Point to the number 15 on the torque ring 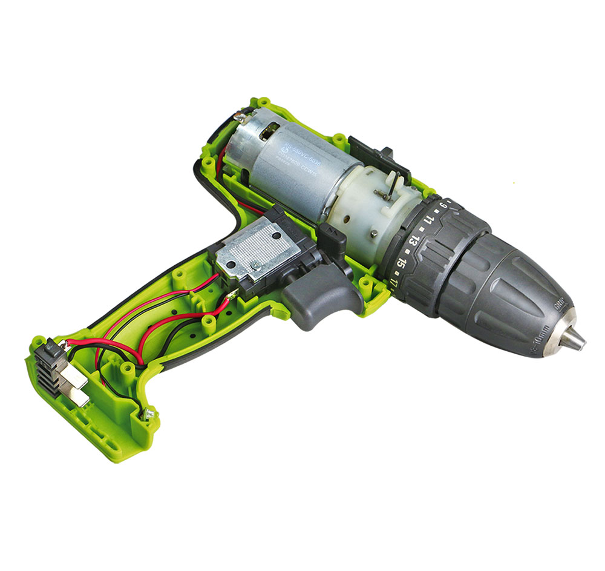[x=401, y=262]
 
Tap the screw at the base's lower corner [x=148, y=414]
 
